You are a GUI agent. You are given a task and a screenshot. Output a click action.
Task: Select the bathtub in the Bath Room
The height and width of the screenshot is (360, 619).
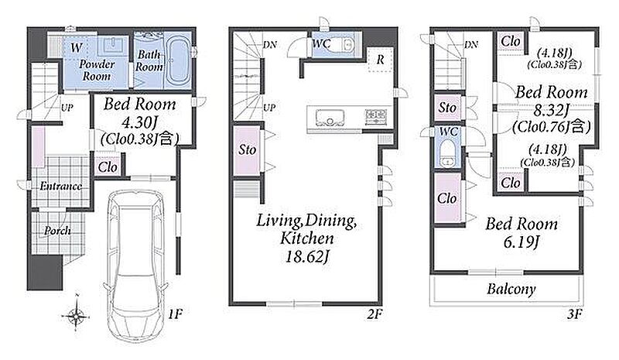pos(177,61)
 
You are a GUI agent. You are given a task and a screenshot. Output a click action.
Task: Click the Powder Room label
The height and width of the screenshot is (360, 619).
pos(97,70)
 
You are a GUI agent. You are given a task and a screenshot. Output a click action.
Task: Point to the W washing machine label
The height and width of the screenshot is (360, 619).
pos(76,48)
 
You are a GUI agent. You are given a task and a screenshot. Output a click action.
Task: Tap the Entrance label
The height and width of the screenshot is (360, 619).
pos(61,186)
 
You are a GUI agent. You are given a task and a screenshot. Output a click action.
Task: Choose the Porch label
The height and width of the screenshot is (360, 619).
pos(57,231)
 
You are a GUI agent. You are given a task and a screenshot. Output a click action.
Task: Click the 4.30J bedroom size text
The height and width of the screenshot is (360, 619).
pos(140,122)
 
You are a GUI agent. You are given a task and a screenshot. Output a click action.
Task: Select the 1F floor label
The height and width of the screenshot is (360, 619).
pos(175,314)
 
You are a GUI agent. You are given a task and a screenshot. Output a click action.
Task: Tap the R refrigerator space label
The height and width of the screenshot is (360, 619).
pos(380,60)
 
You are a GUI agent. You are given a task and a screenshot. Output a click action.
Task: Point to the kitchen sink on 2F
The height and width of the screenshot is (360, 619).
pos(330,118)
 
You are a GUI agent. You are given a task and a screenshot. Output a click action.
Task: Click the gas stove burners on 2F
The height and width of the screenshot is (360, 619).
pos(376,117)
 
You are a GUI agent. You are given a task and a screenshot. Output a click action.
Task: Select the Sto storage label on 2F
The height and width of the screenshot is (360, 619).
pos(247,149)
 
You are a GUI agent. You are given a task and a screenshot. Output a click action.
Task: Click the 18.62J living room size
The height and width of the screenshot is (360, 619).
pos(307,257)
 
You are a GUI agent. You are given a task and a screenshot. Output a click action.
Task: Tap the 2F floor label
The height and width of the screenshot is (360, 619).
pos(374,314)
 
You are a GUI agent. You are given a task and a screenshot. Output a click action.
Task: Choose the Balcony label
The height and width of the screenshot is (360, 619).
pos(511,290)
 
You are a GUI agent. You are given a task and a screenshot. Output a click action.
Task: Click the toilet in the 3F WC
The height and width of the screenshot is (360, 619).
pos(448,154)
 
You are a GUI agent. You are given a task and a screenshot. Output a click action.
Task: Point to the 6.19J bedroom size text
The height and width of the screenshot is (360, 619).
pos(521,242)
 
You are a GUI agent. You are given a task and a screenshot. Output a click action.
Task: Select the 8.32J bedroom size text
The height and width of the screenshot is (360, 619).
pos(552,110)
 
